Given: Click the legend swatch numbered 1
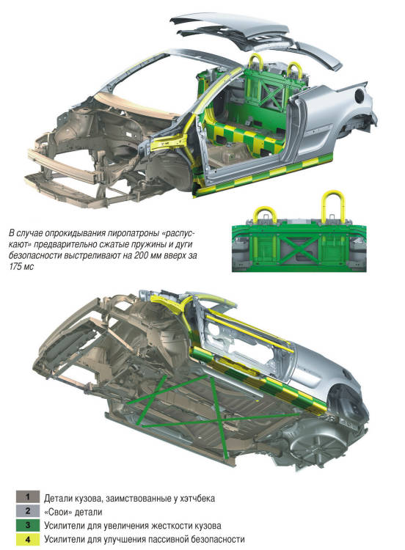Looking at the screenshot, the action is coord(27,496).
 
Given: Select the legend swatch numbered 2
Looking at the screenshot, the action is coord(27,511).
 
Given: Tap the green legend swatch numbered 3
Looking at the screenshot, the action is coord(27,525).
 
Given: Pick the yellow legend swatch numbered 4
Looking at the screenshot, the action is coord(27,539).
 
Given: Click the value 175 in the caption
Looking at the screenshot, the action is coord(16,267).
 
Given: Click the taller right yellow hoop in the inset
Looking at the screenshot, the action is coord(332,206).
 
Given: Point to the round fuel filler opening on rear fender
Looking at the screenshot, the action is coord(359,95).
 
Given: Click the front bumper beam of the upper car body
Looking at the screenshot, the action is coord(62,166).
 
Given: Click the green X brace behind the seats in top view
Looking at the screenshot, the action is coord(272,92).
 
